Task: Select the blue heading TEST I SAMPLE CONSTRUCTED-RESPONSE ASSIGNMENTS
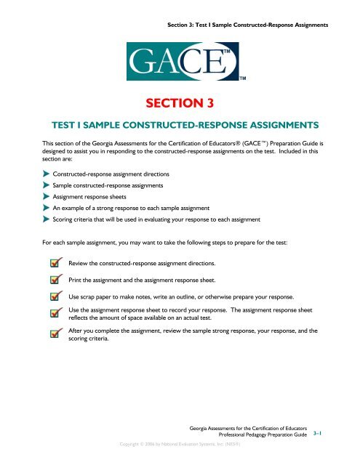point(180,125)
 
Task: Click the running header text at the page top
point(248,25)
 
